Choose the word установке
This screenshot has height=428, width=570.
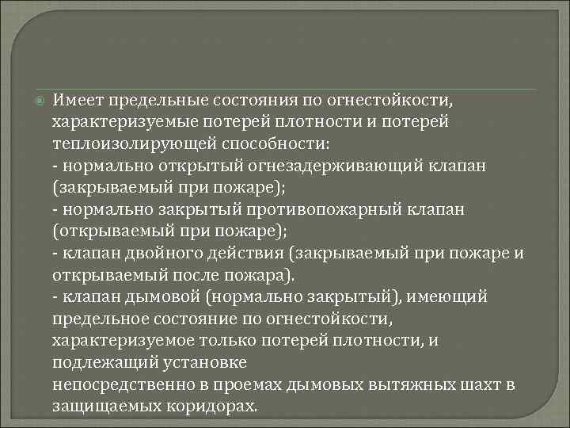[x=201, y=361]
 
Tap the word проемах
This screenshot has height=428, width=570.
[x=236, y=384]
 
